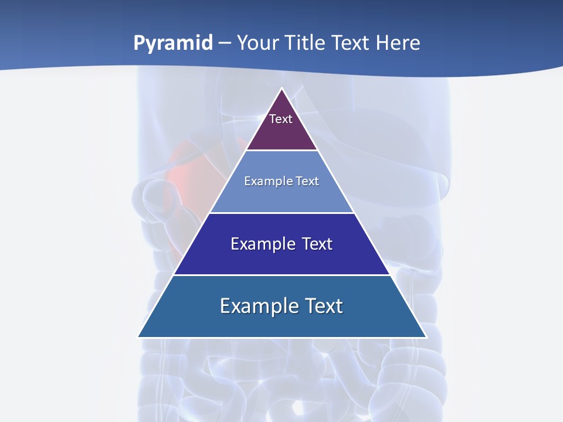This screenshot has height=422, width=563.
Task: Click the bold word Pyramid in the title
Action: [x=173, y=43]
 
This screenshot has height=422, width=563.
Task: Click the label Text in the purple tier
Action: [x=281, y=119]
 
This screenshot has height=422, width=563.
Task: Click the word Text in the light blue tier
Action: [x=308, y=181]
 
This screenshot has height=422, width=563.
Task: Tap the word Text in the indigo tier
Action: [x=317, y=244]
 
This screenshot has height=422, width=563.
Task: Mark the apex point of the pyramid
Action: [x=281, y=89]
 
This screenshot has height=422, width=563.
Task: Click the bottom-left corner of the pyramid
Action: [x=138, y=336]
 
